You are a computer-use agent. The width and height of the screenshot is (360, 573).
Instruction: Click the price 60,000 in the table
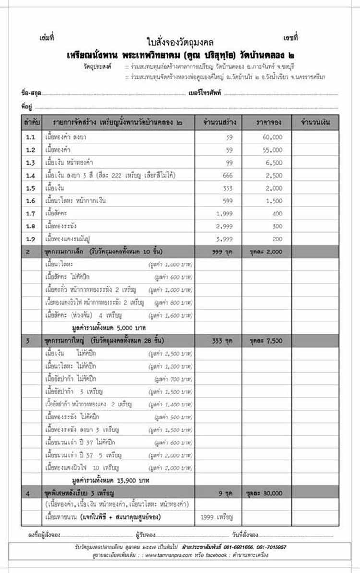(x=274, y=137)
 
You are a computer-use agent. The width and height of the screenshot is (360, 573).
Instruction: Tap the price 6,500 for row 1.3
(x=274, y=163)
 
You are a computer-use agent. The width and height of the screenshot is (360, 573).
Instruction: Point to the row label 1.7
(x=31, y=213)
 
